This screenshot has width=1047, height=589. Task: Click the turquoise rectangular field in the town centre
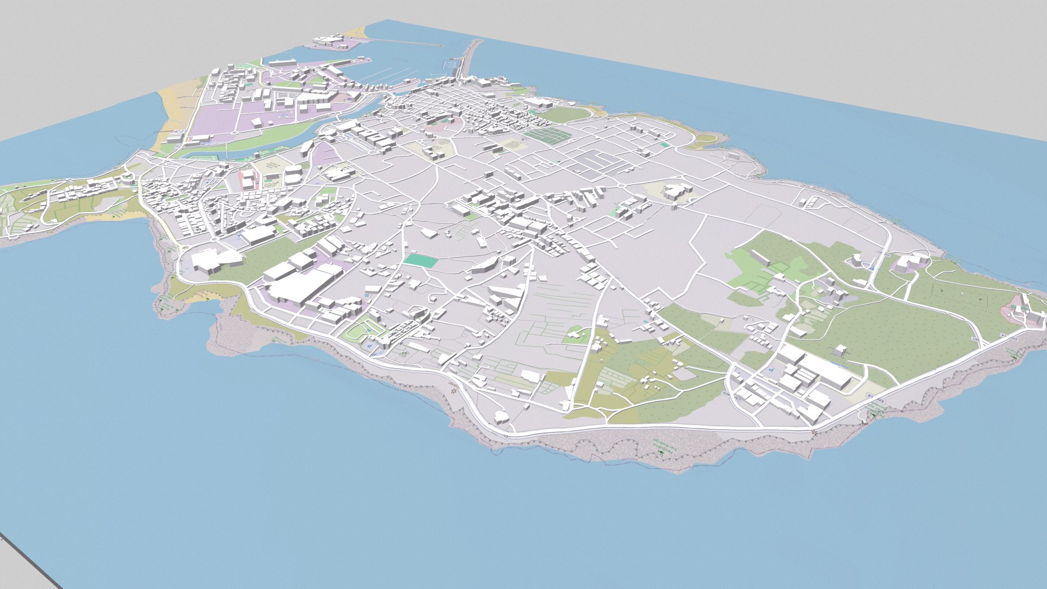pos(421,261)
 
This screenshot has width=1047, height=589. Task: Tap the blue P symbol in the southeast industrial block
pos(771,370)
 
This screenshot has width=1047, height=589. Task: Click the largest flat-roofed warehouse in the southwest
pos(297,286)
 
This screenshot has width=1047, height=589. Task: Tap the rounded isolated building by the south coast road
pos(501,418)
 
